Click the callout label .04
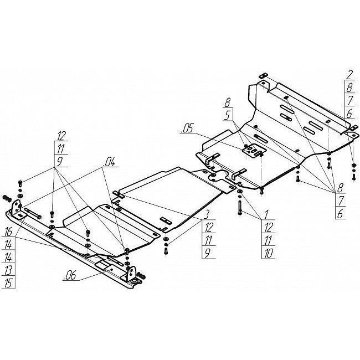point(109,162)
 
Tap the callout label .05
point(187,128)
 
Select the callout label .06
point(69,275)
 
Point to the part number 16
point(8,232)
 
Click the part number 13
point(8,270)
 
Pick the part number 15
point(8,284)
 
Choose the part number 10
point(268,253)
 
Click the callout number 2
point(349,75)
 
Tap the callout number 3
point(207,215)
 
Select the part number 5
point(228,116)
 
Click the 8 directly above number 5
point(227,102)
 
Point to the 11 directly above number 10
point(268,240)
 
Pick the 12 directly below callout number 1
point(268,227)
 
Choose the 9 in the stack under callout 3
point(207,253)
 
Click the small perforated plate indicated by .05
point(254,151)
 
